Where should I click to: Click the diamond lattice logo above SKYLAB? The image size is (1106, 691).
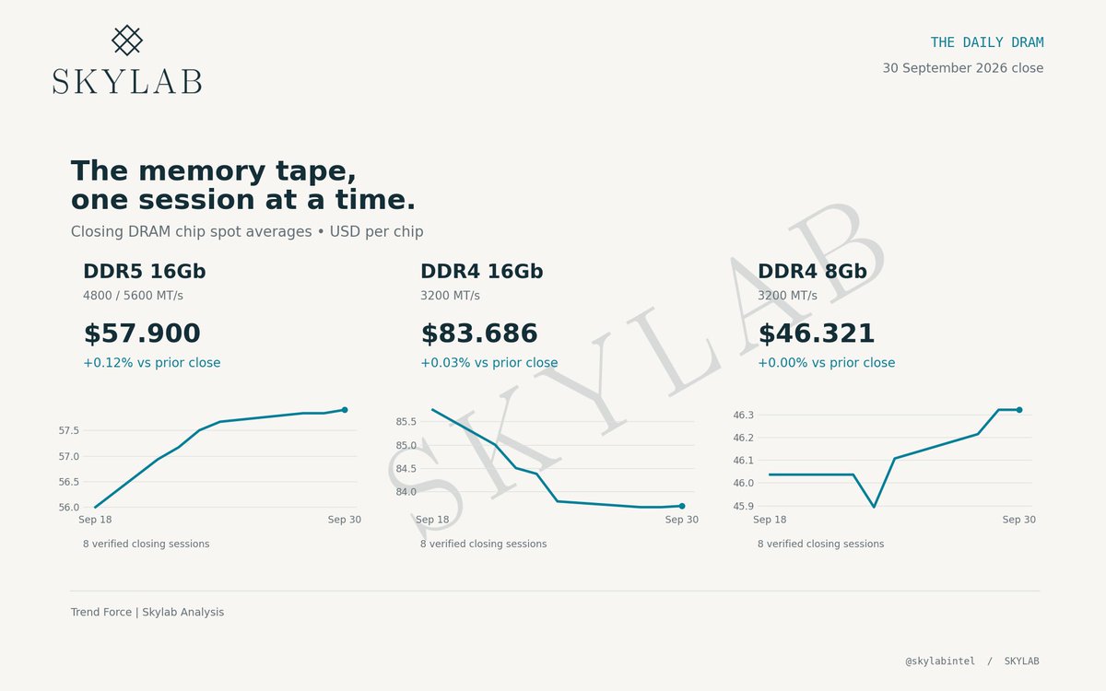tap(127, 40)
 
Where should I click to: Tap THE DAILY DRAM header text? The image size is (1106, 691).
tap(987, 42)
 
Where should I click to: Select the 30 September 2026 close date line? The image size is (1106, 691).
tap(963, 68)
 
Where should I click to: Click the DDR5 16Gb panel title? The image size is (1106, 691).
tap(144, 272)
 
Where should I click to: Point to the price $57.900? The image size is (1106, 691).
tap(142, 334)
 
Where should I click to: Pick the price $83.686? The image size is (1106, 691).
tap(479, 334)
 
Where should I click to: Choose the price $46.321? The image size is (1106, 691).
tap(817, 334)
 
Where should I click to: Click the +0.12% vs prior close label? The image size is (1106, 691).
tap(151, 363)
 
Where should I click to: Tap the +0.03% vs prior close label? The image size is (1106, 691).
tap(488, 363)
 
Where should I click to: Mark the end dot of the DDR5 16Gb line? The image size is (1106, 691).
tap(345, 410)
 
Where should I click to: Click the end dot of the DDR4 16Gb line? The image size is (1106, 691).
tap(682, 506)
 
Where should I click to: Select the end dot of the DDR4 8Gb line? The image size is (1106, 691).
tap(1019, 410)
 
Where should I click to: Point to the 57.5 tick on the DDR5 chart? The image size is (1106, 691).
tap(68, 430)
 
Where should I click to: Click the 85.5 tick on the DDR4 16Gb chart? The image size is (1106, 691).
tap(406, 422)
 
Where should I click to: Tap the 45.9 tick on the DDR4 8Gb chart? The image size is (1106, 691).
tap(743, 506)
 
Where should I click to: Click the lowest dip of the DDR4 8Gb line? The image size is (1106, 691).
tap(874, 507)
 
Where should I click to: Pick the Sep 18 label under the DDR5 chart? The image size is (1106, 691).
tap(95, 520)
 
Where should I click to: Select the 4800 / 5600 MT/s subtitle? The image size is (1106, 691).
tap(133, 296)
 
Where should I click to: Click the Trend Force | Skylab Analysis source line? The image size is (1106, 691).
tap(147, 612)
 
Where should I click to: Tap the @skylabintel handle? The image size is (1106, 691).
tap(940, 661)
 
